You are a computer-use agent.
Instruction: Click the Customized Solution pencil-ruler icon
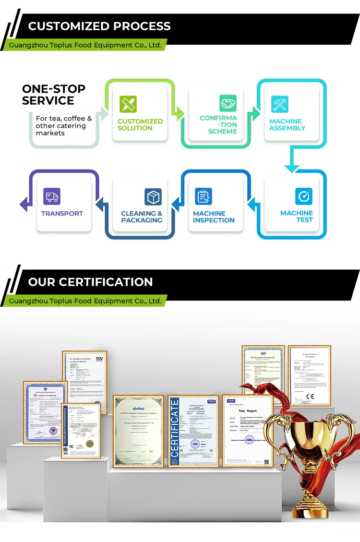coord(128,104)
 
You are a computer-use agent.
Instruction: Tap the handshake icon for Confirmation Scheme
coord(228,103)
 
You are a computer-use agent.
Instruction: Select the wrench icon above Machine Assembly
coord(280,104)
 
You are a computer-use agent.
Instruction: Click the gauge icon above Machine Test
coord(304,196)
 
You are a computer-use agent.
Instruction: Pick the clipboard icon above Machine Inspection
coord(204,196)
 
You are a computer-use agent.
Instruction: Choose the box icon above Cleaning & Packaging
coord(153,196)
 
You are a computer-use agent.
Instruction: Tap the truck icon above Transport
coord(52,196)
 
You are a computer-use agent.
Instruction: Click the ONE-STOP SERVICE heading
coord(53,95)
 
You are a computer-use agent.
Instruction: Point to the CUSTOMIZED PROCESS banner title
coord(99,26)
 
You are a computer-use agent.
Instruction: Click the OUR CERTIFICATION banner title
coord(90,282)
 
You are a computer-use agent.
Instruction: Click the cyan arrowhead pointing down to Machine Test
coord(292,168)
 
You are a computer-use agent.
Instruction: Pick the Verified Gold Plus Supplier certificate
coord(138,431)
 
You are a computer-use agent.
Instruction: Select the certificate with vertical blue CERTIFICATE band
coord(193,431)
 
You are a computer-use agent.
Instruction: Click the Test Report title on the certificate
coord(248,411)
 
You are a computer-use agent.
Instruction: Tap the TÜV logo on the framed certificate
coord(99,358)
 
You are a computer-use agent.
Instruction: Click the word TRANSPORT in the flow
coord(62,214)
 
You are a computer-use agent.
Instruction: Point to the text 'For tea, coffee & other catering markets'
coord(63,125)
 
